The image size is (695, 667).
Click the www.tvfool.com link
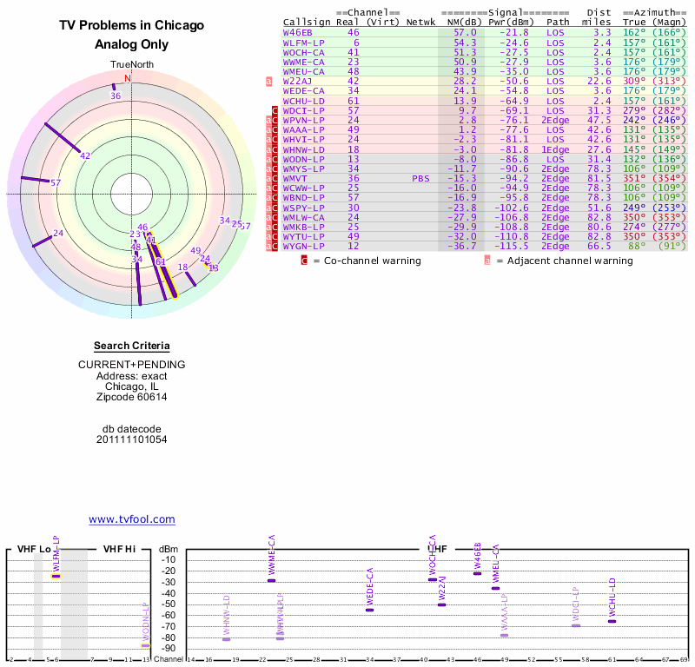pos(131,519)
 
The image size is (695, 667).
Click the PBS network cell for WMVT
pos(420,178)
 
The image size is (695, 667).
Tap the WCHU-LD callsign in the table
pos(303,101)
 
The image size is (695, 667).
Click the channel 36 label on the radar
pos(116,96)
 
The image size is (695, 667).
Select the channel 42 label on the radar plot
pos(85,156)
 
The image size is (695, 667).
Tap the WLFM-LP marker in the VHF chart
pos(56,576)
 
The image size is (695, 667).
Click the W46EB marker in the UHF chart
pos(477,574)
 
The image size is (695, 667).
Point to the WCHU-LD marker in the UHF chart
pos(612,621)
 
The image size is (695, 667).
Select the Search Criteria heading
pos(131,347)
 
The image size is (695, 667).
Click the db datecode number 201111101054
pos(131,439)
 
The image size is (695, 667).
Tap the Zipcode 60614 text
pos(131,397)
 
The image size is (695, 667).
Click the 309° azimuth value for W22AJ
pos(635,81)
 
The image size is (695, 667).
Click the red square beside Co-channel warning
pos(304,260)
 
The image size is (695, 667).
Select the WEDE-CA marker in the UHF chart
pos(369,610)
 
